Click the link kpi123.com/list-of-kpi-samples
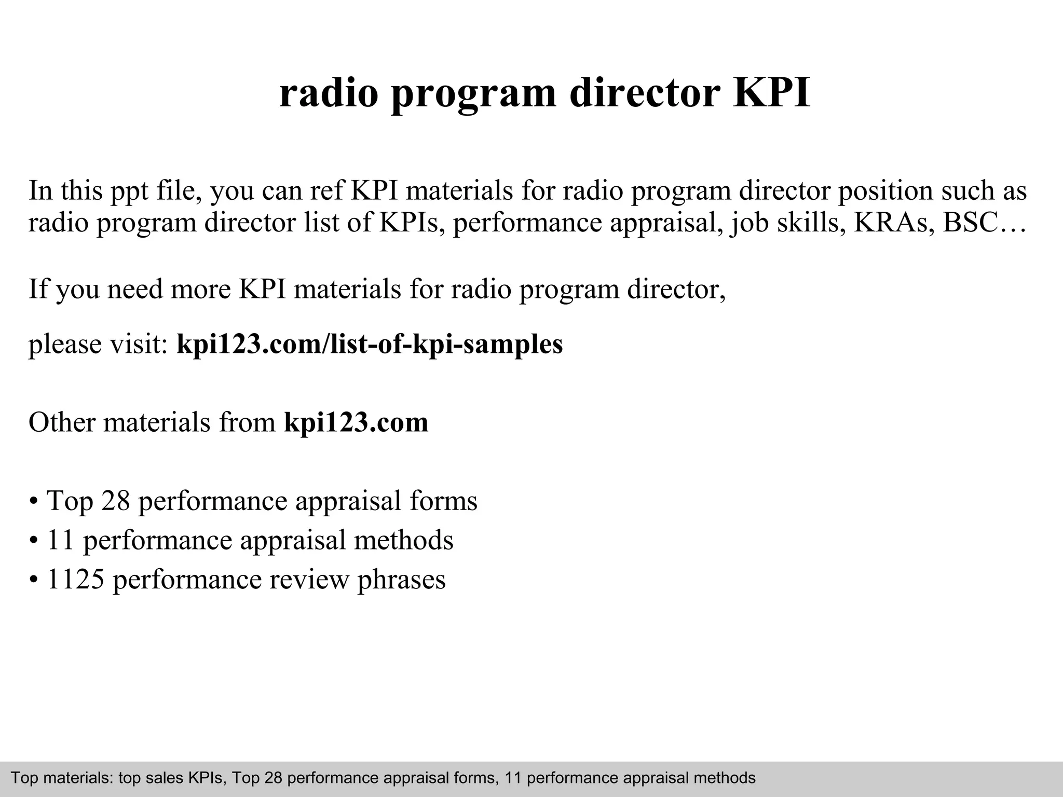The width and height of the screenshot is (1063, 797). click(370, 344)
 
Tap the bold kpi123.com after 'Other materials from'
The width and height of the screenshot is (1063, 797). click(356, 422)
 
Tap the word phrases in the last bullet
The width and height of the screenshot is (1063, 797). click(401, 581)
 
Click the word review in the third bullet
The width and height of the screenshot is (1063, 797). click(309, 580)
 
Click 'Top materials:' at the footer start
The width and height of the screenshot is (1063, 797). click(61, 778)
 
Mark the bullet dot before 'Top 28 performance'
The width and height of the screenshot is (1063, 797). click(33, 502)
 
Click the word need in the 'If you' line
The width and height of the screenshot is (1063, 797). click(134, 289)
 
